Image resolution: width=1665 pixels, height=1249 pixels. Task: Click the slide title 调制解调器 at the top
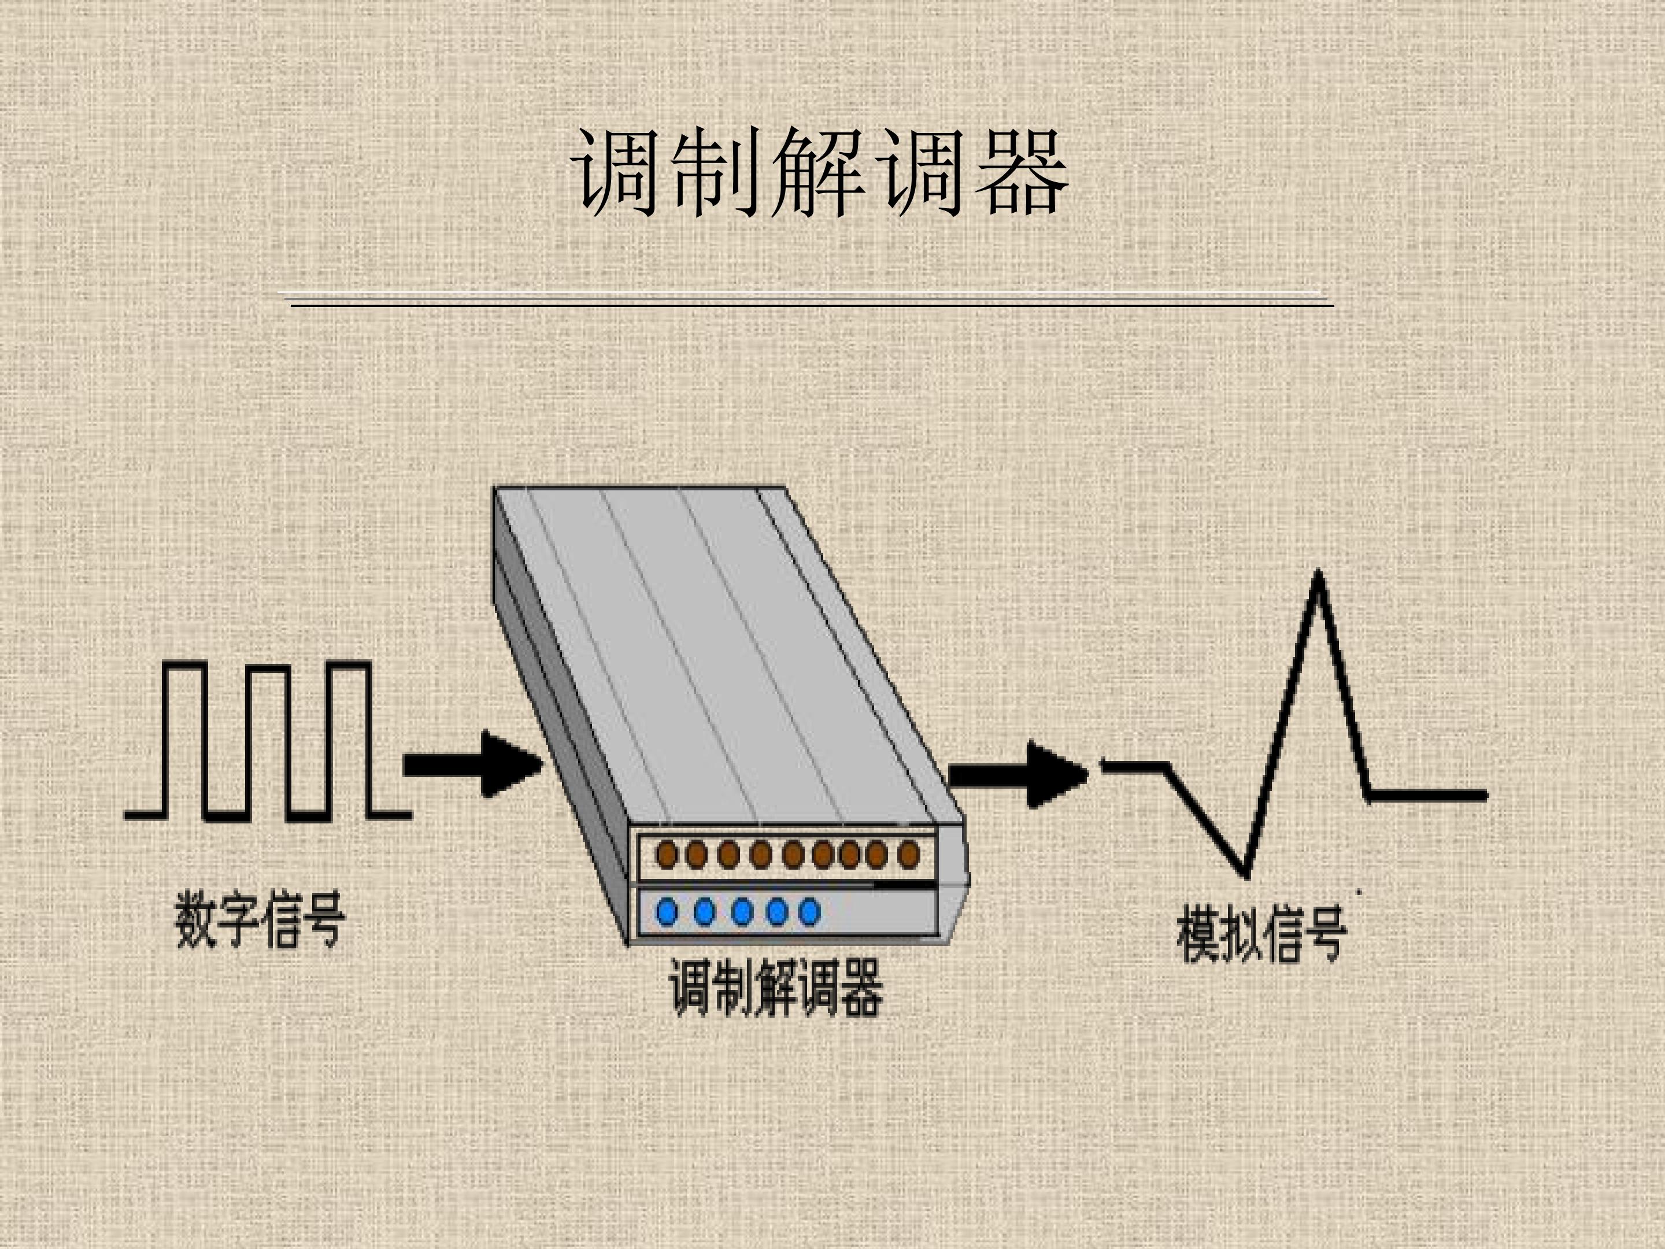[x=819, y=172]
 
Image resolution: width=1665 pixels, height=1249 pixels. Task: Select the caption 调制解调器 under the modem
[x=776, y=987]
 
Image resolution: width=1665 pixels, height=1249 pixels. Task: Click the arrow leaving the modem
[x=1019, y=775]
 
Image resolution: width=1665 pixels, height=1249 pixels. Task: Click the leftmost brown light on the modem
[x=666, y=855]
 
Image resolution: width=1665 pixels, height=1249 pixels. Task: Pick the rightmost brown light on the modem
[x=909, y=855]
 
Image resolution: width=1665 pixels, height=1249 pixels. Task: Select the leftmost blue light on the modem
[x=667, y=912]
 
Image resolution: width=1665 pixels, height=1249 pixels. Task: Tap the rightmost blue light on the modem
[x=809, y=912]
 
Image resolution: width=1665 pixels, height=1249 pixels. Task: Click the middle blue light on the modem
[x=741, y=912]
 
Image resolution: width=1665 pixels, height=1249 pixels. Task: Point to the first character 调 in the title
[x=614, y=172]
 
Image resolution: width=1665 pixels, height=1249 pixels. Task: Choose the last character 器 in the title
[x=1022, y=172]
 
